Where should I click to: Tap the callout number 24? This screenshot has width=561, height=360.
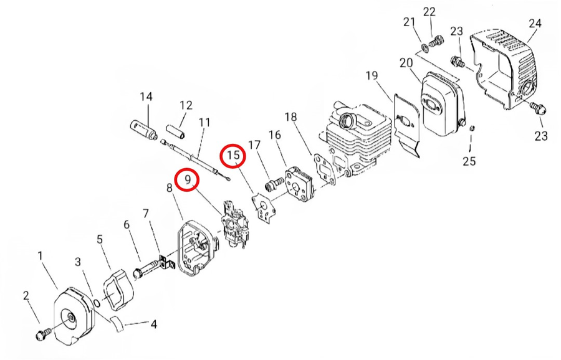click(534, 23)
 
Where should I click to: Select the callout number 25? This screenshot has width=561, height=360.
click(469, 161)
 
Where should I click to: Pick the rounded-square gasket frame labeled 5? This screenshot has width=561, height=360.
click(116, 287)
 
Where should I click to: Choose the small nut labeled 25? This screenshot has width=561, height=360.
click(472, 128)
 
